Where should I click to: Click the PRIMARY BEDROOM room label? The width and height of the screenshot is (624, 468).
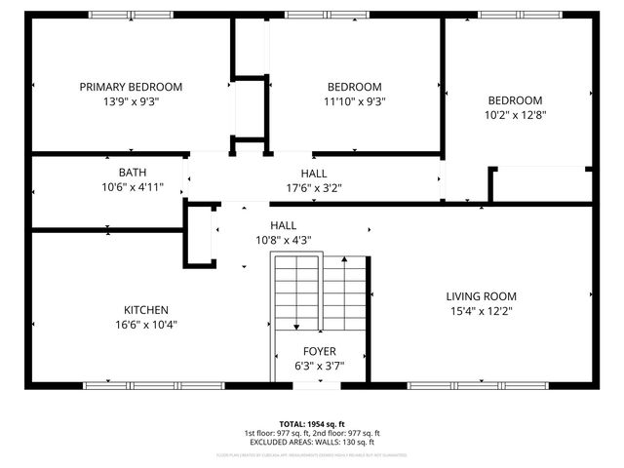tap(131, 87)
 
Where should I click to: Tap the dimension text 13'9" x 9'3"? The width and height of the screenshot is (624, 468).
tap(131, 100)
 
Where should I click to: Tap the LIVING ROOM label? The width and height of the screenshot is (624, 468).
tap(481, 296)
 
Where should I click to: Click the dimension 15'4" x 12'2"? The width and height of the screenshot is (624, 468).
tap(481, 311)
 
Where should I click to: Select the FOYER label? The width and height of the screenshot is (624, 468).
tap(319, 351)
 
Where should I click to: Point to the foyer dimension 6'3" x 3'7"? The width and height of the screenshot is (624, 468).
tap(319, 366)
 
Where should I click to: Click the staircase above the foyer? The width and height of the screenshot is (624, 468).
tap(319, 292)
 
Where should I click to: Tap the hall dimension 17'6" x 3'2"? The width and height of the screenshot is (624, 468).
tap(313, 188)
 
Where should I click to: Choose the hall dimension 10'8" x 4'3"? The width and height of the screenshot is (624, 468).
tap(284, 239)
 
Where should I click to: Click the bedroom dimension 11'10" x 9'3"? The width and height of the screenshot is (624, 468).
tap(354, 100)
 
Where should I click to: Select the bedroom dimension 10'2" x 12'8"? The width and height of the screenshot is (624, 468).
tap(515, 114)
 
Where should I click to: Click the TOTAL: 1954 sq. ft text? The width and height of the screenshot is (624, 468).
tap(312, 424)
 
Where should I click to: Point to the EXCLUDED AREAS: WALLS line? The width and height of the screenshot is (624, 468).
tap(312, 443)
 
